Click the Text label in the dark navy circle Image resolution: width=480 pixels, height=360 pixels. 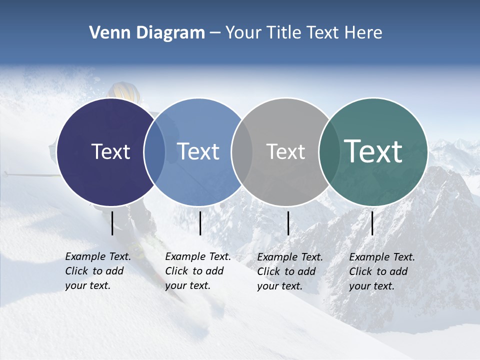[x=110, y=151]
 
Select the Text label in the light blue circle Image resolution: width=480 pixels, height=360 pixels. [x=198, y=151]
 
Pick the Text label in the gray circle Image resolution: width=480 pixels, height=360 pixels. [x=285, y=151]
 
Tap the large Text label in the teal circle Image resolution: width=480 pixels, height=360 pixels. [x=373, y=151]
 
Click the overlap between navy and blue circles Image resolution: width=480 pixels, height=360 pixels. [x=154, y=151]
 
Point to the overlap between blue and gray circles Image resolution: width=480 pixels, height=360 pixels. [x=242, y=151]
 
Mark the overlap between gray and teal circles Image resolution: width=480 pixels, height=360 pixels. [x=329, y=151]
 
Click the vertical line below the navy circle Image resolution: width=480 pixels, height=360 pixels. [x=112, y=223]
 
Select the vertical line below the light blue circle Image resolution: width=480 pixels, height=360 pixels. [x=200, y=223]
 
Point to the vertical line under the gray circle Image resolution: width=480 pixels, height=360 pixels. [x=288, y=223]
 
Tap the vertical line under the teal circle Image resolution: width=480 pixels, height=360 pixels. [x=372, y=223]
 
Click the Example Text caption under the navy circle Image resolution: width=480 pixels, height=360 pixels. [x=97, y=271]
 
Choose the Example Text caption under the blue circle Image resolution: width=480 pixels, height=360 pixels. [x=197, y=271]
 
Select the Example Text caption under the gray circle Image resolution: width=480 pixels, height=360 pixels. [x=289, y=271]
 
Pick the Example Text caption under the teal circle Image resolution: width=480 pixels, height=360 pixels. [x=381, y=271]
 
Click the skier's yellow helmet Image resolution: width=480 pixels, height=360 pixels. [x=124, y=92]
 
